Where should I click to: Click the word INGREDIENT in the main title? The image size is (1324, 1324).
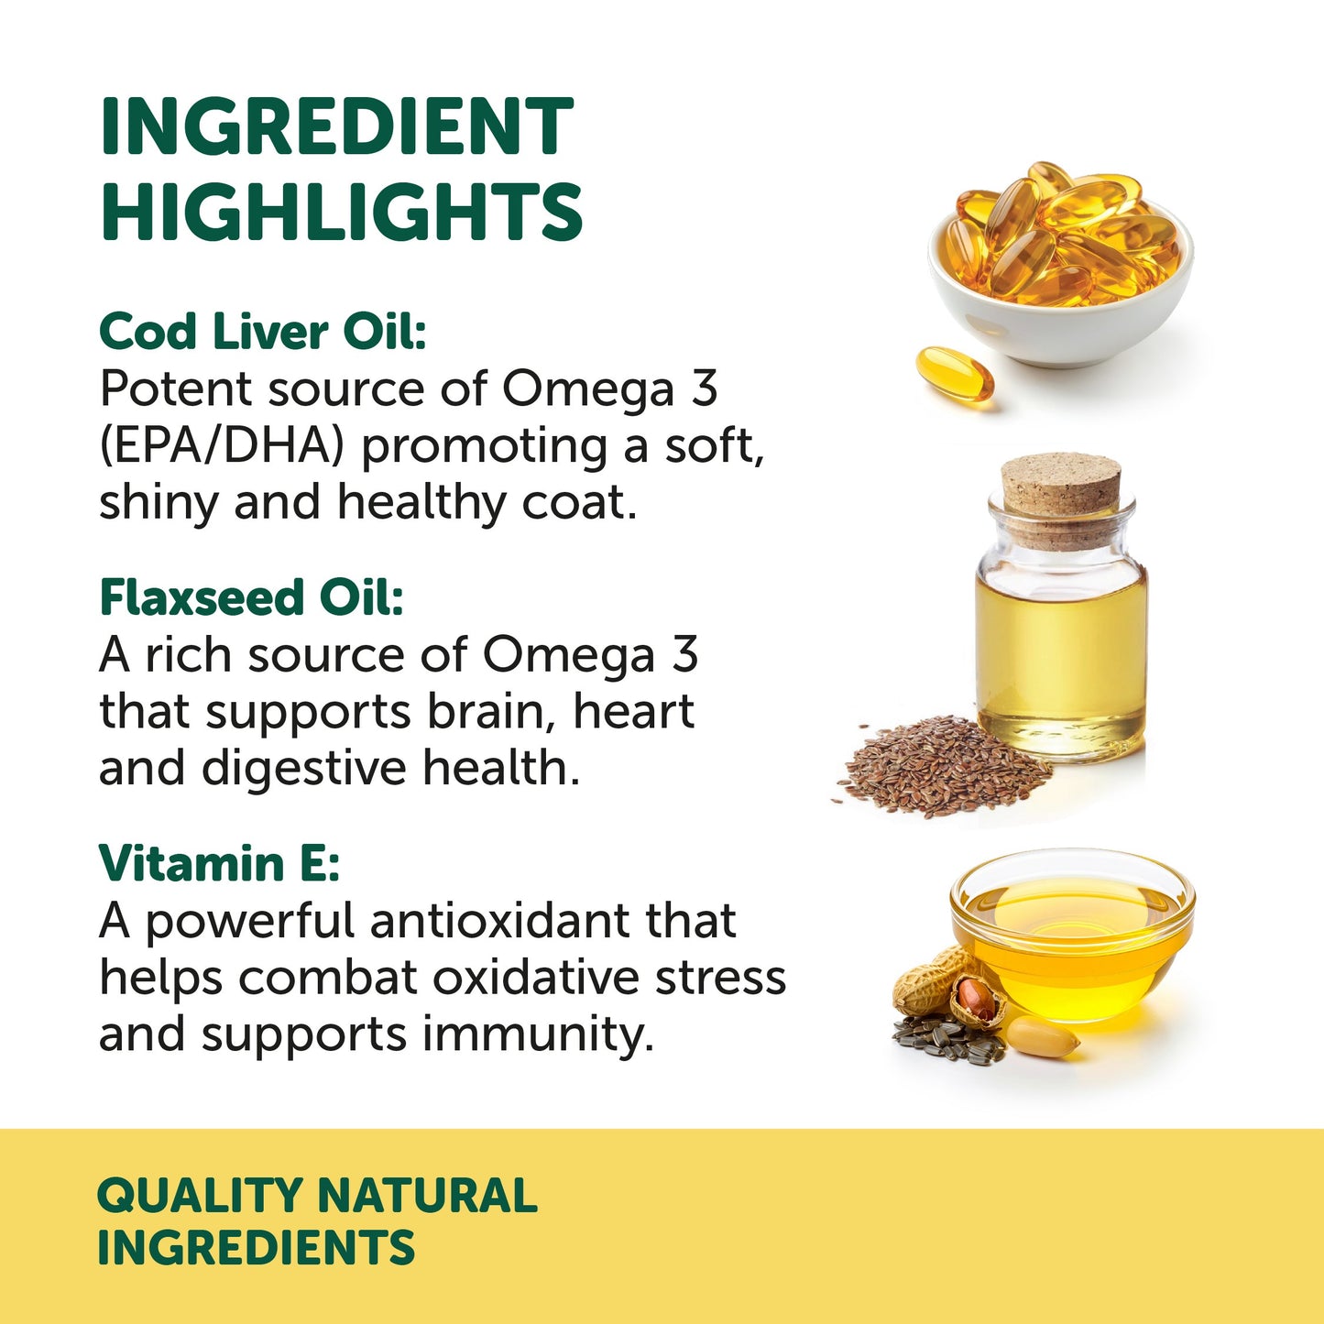coord(336,127)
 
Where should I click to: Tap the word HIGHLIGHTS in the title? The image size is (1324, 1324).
coord(341,212)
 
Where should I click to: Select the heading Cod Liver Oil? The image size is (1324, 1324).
coord(263,331)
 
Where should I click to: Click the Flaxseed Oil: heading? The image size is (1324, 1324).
coord(251,597)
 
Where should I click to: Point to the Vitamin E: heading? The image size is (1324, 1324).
coord(219,863)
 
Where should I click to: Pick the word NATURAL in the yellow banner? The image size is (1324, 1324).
coord(427,1196)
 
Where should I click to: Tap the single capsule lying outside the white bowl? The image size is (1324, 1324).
coord(955,374)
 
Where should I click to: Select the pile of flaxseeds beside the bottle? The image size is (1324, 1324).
coord(944,766)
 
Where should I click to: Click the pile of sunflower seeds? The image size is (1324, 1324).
coord(944,1040)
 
